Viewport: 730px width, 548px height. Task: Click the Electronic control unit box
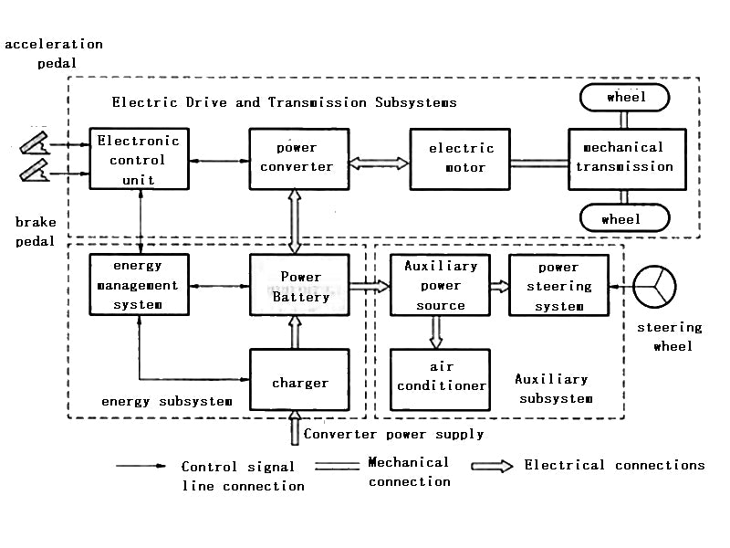tap(140, 159)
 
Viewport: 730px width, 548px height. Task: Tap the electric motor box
tap(461, 158)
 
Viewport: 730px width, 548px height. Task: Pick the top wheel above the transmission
tap(624, 97)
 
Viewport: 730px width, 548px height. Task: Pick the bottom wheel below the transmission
tap(624, 218)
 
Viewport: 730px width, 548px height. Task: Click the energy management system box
tap(140, 285)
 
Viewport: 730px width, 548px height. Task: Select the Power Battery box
tap(299, 285)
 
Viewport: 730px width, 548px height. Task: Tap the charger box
tap(299, 383)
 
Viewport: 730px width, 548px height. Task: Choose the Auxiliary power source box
tap(441, 285)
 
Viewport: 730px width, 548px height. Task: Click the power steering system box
tap(558, 285)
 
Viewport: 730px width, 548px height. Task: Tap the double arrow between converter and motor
tap(380, 163)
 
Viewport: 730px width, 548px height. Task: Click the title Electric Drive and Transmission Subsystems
tap(284, 102)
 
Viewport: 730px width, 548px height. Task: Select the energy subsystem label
tap(166, 401)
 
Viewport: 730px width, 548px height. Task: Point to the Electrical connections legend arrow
tap(492, 466)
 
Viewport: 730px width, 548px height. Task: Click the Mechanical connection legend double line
tap(335, 466)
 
